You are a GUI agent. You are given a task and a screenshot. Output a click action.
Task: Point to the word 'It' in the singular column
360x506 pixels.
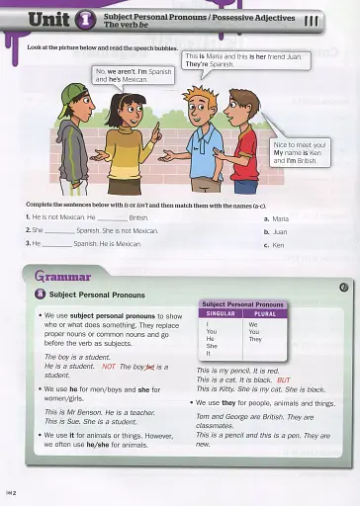(x=210, y=354)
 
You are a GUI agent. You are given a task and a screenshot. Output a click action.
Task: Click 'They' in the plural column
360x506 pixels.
(x=256, y=339)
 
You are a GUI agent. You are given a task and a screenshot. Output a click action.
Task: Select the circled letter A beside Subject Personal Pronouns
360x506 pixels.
(x=39, y=294)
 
